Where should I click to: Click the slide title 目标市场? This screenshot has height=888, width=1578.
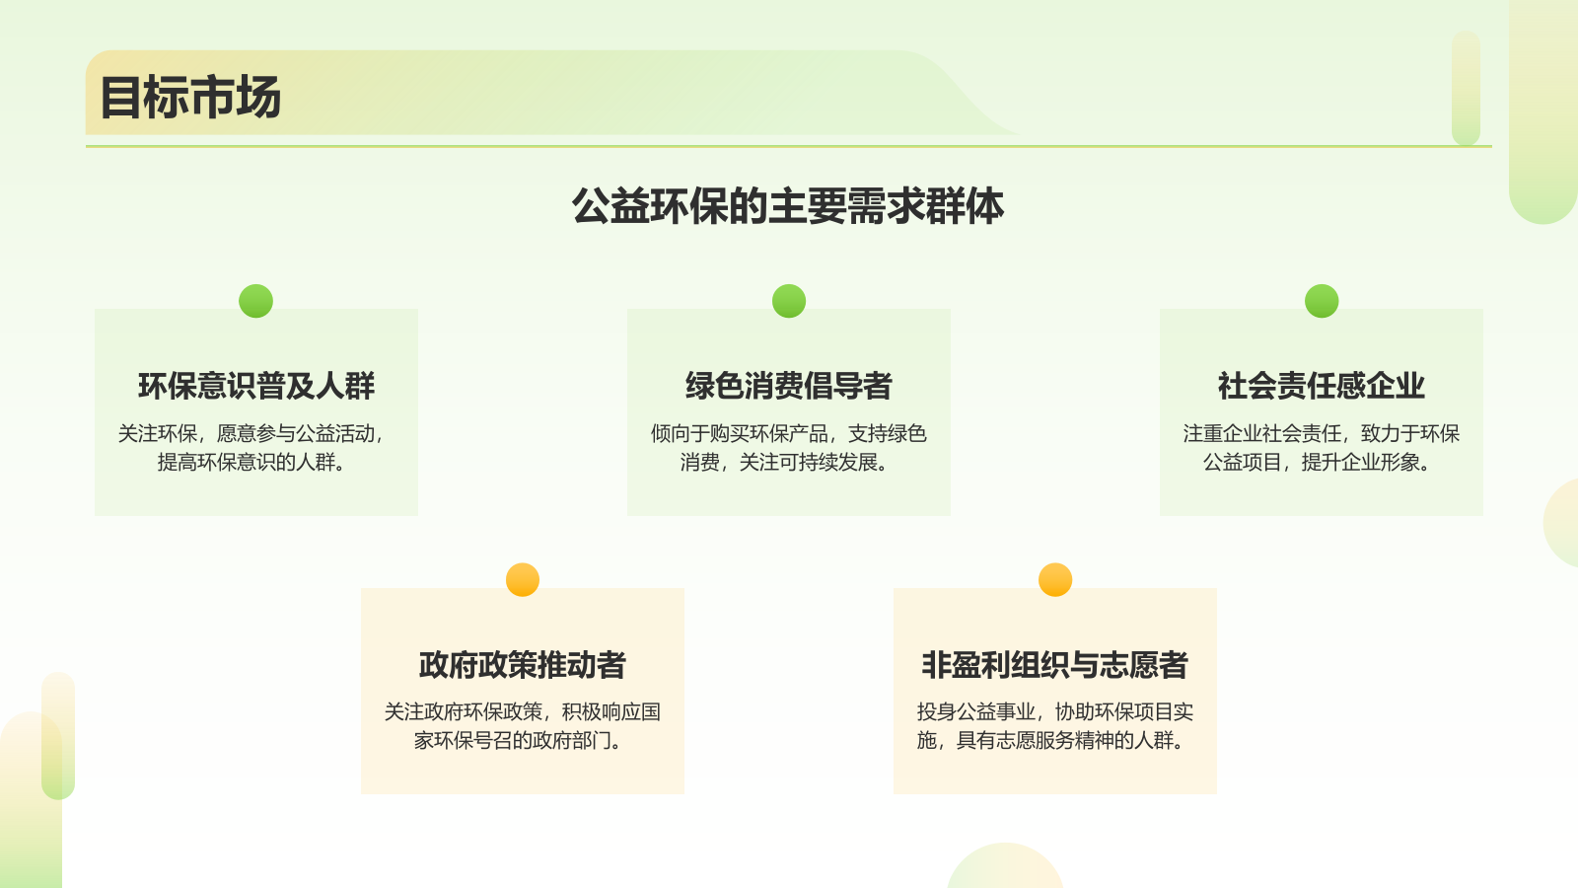click(190, 98)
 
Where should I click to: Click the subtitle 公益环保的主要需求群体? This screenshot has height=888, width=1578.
click(788, 206)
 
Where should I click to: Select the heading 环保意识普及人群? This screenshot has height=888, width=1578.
click(256, 386)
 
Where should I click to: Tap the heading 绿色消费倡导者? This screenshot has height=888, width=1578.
click(789, 386)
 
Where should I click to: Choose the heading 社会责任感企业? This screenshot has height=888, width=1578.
click(1322, 386)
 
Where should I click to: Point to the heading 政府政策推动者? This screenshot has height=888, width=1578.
click(523, 665)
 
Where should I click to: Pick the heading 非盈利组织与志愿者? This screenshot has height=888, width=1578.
click(1055, 665)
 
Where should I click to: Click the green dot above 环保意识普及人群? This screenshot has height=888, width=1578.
click(256, 301)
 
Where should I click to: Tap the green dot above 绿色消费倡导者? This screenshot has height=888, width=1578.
click(789, 301)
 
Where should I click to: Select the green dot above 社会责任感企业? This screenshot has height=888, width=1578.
click(1322, 301)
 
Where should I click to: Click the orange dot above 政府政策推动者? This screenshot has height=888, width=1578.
click(523, 580)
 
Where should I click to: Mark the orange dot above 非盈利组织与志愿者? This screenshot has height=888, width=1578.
click(1055, 580)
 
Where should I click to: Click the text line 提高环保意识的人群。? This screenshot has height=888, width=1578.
click(252, 462)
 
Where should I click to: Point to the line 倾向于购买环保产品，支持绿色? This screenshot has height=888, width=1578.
click(789, 433)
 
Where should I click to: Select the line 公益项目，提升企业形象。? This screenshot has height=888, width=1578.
click(1318, 462)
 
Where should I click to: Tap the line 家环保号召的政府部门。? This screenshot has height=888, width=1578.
click(519, 740)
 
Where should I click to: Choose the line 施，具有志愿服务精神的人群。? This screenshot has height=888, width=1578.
click(1051, 740)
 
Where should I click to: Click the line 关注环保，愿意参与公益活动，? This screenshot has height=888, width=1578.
click(252, 433)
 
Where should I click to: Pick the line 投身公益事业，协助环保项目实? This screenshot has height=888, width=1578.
click(1055, 711)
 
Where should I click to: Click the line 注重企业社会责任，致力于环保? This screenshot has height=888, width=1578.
click(1322, 433)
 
